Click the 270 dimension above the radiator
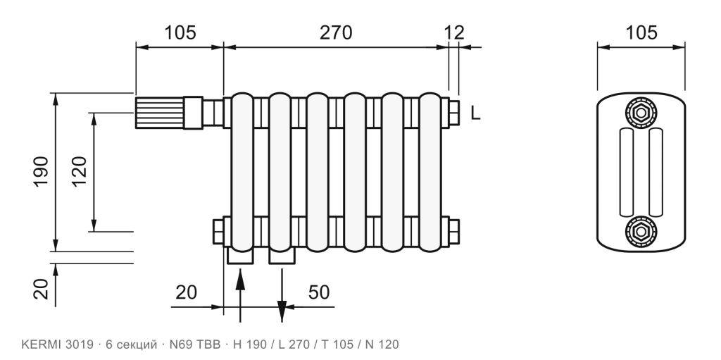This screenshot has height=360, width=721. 336,32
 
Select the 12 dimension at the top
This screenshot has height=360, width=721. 454,32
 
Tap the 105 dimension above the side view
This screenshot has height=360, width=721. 641,32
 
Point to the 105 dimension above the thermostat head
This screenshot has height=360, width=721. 180,32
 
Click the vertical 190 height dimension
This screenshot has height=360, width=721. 41,172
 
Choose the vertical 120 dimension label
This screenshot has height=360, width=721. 79,172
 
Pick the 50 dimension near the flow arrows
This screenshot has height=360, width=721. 319,292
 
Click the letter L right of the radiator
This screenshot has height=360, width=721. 475,113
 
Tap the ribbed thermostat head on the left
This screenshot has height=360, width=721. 160,113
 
